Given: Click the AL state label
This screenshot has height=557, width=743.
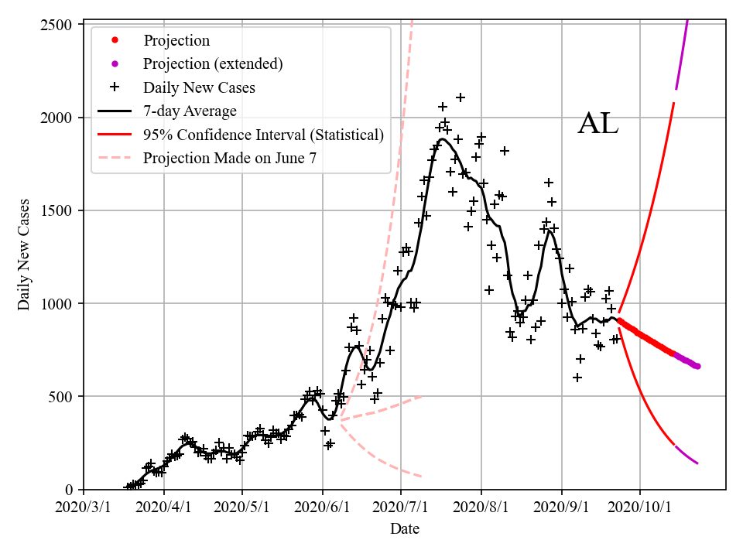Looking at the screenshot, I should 598,125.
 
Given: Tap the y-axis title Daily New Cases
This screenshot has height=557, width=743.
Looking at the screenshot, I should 25,255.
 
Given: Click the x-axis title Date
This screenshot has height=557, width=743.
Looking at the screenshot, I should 405,529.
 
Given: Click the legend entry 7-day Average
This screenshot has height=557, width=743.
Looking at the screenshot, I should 190,111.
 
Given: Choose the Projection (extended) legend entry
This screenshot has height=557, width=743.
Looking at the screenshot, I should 213,64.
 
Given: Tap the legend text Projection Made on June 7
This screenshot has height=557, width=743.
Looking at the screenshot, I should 230,159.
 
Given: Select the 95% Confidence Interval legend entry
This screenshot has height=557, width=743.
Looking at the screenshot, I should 263,135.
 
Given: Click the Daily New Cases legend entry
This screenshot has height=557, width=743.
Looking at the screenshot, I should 199,87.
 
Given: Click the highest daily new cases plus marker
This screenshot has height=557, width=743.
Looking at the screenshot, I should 461,97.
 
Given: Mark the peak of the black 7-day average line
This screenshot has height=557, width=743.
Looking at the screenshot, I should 442,139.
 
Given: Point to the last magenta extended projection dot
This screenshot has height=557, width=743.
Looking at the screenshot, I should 697,366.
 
